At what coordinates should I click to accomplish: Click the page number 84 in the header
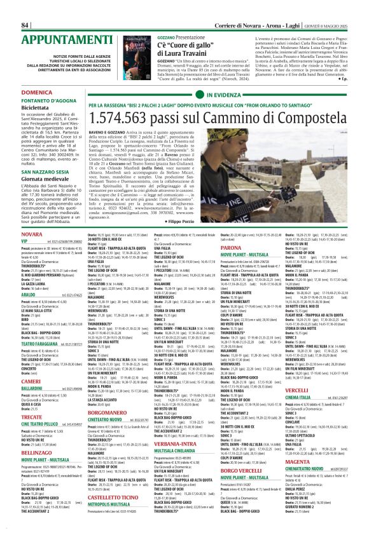point(26,7)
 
